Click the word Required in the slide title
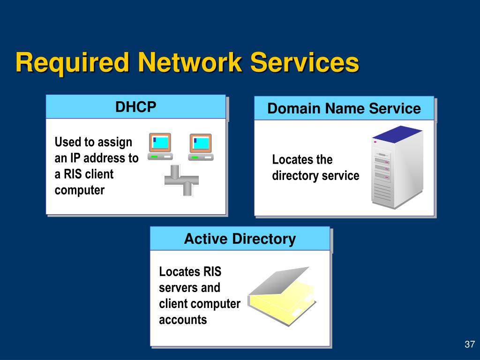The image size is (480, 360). pos(72,63)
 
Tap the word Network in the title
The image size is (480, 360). pos(190,62)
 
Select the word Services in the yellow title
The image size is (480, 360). pos(305,62)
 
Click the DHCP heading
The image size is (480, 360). pos(135,107)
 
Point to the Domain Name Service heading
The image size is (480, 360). pos(344,108)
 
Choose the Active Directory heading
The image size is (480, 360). pos(240,239)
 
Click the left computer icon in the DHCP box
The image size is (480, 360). pos(160,147)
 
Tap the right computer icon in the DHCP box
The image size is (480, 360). pos(201,147)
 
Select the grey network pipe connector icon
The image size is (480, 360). pos(181,180)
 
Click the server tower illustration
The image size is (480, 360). pos(397,167)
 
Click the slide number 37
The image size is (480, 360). pos(470,344)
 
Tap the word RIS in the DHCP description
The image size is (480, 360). pos(73,174)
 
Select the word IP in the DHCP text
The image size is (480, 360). pos(75,158)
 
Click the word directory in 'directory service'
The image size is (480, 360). pos(295,176)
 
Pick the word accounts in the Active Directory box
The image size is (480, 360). pos(183,320)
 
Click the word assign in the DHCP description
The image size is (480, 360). pos(115,142)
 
